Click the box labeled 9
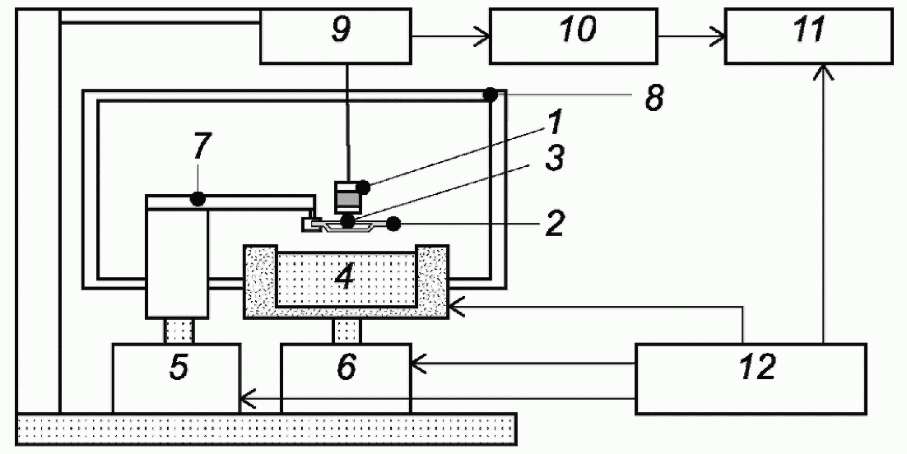pyautogui.click(x=336, y=35)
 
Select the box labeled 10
pyautogui.click(x=574, y=35)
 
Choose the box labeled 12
pyautogui.click(x=751, y=379)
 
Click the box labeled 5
pyautogui.click(x=176, y=379)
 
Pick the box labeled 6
pyautogui.click(x=346, y=379)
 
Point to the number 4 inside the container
pyautogui.click(x=345, y=277)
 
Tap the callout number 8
pyautogui.click(x=654, y=99)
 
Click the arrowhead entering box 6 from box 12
pyautogui.click(x=419, y=364)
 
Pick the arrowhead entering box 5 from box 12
pyautogui.click(x=248, y=398)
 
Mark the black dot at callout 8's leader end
pyautogui.click(x=491, y=95)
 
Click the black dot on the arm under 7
pyautogui.click(x=198, y=200)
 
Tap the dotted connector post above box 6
pyautogui.click(x=347, y=331)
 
